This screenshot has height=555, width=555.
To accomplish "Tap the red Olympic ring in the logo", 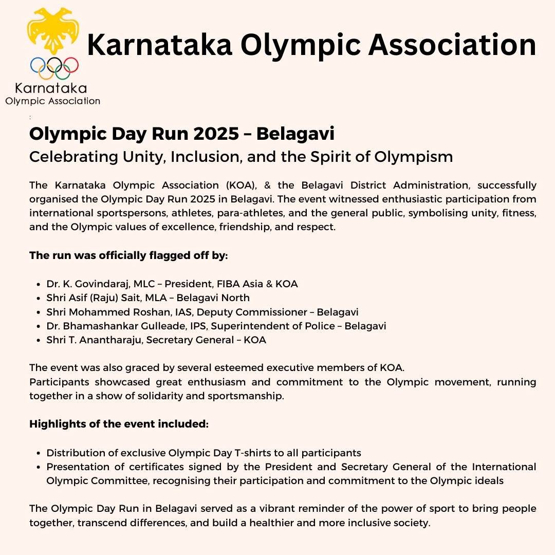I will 70,64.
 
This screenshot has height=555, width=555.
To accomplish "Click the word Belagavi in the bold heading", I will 295,134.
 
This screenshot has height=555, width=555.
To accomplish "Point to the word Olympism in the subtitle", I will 414,157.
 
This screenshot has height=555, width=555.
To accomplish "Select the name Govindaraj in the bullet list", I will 97,284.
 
